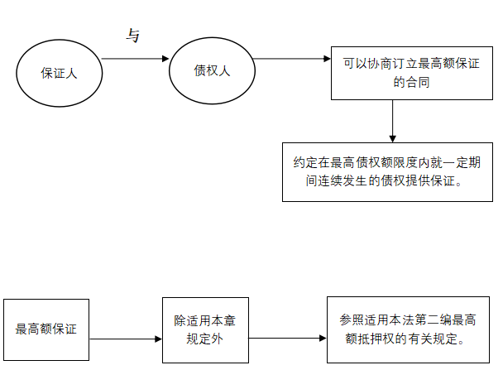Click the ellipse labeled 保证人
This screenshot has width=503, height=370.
[x=59, y=73]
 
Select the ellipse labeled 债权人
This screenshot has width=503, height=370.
[x=211, y=70]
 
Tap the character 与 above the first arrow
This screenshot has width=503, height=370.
[x=132, y=36]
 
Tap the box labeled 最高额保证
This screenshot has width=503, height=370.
[x=46, y=329]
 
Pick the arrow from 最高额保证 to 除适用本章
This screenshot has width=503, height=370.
[x=124, y=339]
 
